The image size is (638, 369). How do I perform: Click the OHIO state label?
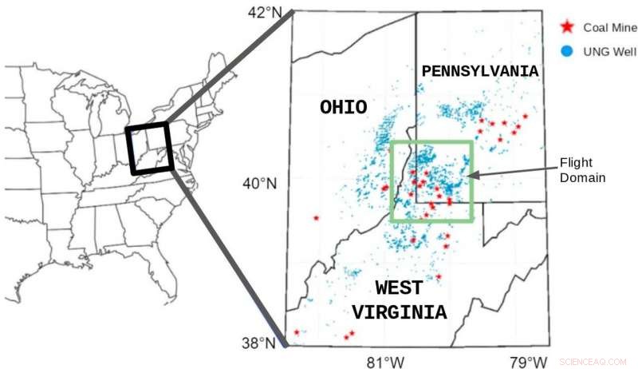pos(343,107)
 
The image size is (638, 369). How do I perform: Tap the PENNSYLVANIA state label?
pos(480,71)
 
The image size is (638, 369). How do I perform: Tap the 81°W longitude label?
pos(384,361)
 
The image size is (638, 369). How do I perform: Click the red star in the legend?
pos(567,27)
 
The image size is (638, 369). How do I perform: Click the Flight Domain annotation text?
pos(582,169)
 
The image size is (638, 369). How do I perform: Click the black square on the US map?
pos(149,148)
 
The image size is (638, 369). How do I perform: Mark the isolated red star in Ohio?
pos(317,217)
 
